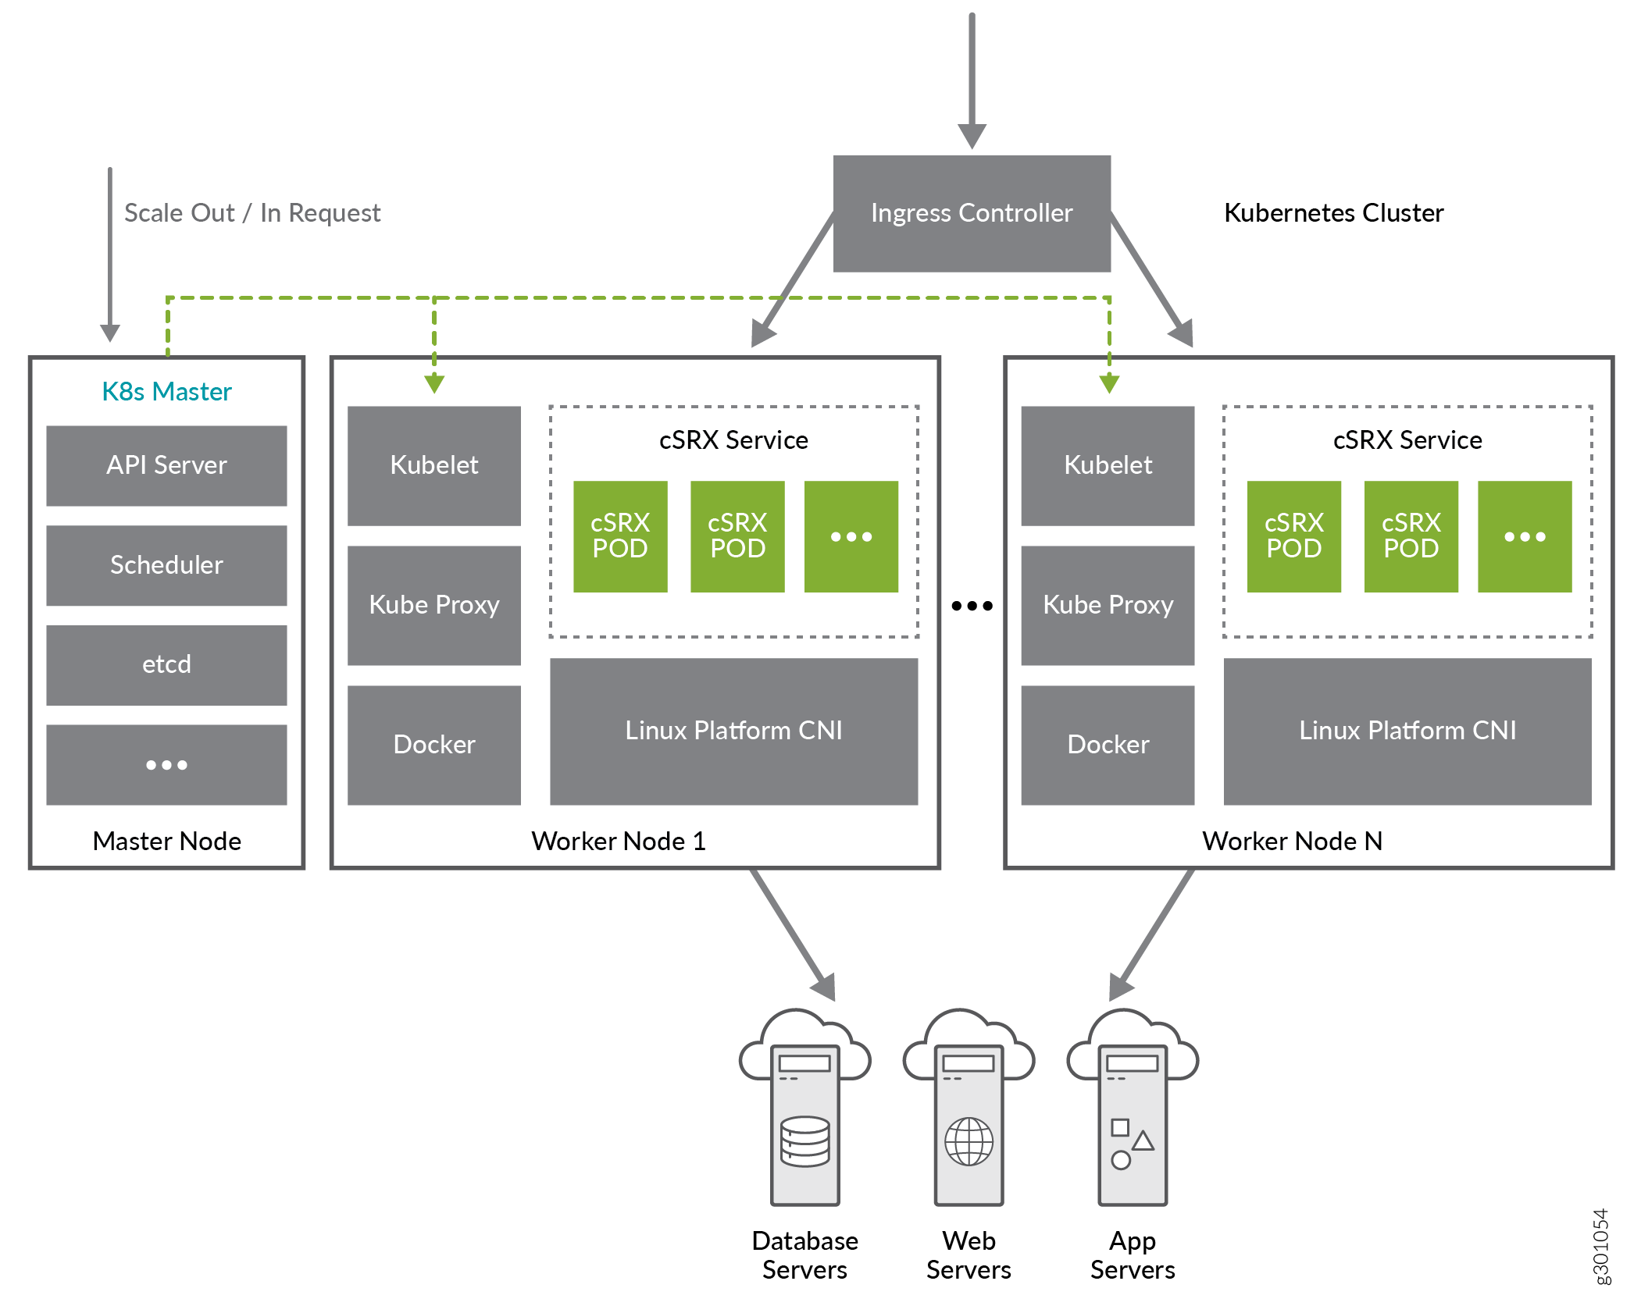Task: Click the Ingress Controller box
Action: (971, 213)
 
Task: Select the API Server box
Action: (166, 465)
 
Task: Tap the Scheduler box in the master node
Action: (166, 565)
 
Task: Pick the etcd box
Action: (166, 664)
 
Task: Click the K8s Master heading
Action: (166, 391)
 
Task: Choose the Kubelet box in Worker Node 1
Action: (433, 465)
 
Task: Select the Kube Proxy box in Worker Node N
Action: (1107, 605)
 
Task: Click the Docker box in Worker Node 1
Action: (433, 745)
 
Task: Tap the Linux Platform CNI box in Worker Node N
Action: (1407, 731)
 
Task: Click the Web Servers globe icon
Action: (969, 1141)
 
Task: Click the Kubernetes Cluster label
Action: (1333, 213)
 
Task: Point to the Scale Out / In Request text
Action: (252, 213)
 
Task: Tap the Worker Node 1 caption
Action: (618, 841)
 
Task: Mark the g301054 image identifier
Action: (1600, 1246)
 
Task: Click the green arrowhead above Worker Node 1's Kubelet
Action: (434, 383)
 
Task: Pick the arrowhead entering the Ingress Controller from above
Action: (972, 136)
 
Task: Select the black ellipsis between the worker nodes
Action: (972, 606)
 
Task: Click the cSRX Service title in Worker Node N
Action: (1407, 440)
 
